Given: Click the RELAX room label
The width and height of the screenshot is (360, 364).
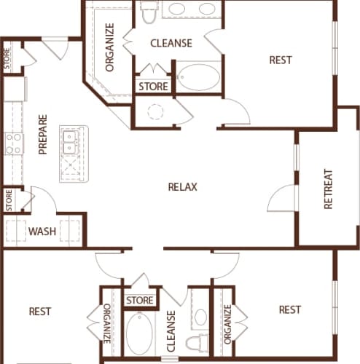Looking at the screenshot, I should tap(183, 187).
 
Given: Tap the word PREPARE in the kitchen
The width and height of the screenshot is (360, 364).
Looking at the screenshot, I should tap(43, 135).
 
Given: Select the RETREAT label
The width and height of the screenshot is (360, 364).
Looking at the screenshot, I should tap(328, 189).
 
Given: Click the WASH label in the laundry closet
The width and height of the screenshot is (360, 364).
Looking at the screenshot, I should tap(42, 232).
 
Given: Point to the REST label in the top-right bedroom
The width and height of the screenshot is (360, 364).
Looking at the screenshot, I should tap(281, 60).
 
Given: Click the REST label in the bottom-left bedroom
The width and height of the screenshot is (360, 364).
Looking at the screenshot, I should tap(40, 312).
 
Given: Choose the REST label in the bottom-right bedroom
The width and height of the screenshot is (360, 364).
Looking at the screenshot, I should tap(289, 309).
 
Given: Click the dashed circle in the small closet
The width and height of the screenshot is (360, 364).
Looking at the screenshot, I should tap(155, 112).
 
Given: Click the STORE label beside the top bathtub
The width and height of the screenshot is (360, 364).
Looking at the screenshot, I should tap(154, 87).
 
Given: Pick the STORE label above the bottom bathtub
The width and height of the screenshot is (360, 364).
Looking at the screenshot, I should tap(139, 300).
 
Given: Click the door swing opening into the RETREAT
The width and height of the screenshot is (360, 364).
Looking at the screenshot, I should tap(281, 195).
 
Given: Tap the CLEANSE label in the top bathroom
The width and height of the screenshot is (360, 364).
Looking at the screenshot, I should tap(171, 43).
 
